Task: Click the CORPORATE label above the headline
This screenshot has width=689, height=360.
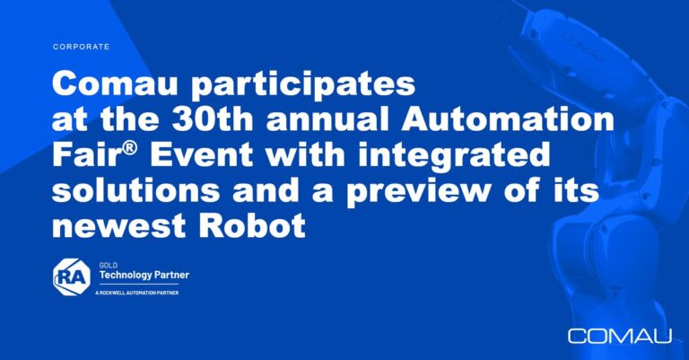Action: [x=81, y=47]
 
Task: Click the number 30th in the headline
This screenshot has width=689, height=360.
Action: [x=212, y=119]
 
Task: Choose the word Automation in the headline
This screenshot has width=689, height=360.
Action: [x=508, y=119]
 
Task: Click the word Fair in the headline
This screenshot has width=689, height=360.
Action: [x=86, y=154]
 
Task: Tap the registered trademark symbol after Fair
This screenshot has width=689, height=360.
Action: [x=129, y=148]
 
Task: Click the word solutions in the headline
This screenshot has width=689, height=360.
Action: [x=135, y=190]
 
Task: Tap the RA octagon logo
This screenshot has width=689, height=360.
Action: [x=72, y=277]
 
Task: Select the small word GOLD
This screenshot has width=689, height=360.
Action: [x=108, y=266]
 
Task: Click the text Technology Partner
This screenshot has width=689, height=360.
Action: [x=144, y=276]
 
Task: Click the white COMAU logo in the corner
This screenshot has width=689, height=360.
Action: [x=620, y=336]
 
